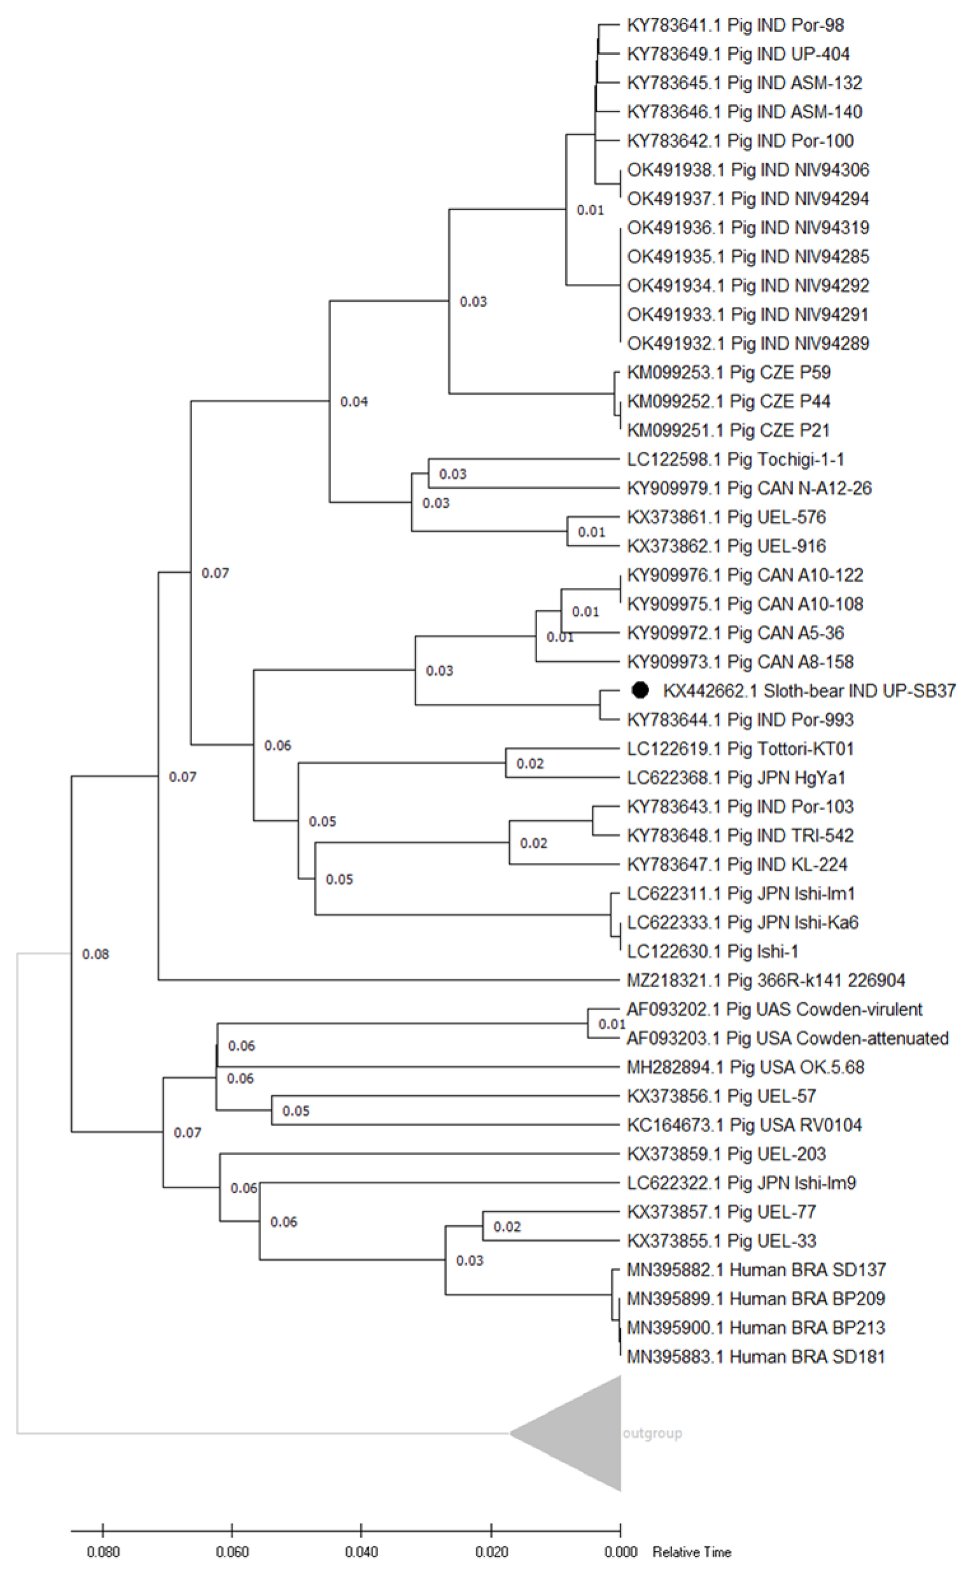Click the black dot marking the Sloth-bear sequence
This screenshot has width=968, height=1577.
(x=640, y=689)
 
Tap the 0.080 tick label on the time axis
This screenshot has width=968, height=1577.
(x=103, y=1552)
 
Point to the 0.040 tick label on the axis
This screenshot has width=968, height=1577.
(x=361, y=1552)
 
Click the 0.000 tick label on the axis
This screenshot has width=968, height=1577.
(x=621, y=1552)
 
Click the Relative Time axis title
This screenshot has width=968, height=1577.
(x=691, y=1552)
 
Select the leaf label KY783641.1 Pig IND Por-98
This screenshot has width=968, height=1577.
(x=735, y=25)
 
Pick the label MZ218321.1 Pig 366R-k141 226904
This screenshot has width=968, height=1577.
(x=766, y=980)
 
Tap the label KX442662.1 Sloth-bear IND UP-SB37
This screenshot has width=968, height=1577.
(x=810, y=690)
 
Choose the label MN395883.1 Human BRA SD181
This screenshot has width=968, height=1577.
(x=755, y=1356)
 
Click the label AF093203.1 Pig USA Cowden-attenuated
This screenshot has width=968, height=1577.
(x=787, y=1037)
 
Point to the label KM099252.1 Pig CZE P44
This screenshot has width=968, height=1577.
(x=729, y=402)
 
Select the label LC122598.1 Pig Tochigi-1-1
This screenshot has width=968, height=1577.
(x=736, y=459)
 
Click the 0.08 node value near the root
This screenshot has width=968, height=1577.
(x=95, y=954)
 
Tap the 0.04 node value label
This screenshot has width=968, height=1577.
(x=354, y=402)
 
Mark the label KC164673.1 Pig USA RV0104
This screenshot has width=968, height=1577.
(x=744, y=1125)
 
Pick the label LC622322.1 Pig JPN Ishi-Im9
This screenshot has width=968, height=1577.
(x=741, y=1182)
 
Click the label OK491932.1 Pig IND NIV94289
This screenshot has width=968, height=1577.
(x=748, y=343)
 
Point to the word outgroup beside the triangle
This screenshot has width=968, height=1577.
(x=652, y=1433)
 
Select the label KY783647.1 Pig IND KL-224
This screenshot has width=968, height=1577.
(x=737, y=864)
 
